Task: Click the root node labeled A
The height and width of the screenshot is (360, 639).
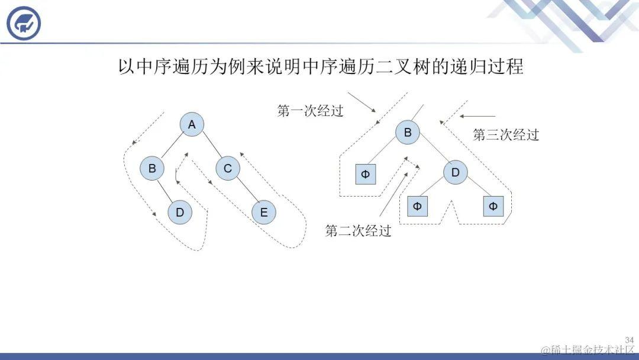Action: (192, 125)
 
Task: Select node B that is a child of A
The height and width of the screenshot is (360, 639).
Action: (152, 169)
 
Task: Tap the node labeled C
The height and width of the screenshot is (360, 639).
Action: (228, 169)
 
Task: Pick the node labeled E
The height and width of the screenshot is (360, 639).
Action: (264, 213)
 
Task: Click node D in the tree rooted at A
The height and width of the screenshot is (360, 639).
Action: (180, 213)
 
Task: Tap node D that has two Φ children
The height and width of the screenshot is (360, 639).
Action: (456, 173)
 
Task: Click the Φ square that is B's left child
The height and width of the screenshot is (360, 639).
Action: (365, 175)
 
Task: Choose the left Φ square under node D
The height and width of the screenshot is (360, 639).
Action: (417, 206)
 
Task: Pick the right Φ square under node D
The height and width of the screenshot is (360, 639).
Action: (493, 206)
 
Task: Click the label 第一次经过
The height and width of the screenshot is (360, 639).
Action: (310, 111)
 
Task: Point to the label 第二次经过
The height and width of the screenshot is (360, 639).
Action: (359, 231)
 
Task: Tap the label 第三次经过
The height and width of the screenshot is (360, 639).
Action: (506, 135)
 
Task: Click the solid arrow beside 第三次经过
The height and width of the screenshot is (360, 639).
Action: (477, 116)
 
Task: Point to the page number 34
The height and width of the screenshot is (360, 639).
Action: (629, 340)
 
